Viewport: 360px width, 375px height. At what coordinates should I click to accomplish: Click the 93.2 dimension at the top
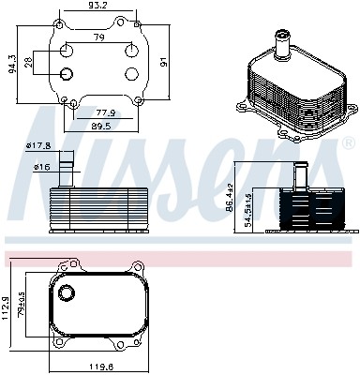[98, 7]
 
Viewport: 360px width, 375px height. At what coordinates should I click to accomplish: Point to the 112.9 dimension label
[8, 306]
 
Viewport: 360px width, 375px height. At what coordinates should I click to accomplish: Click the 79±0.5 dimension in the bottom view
[22, 306]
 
